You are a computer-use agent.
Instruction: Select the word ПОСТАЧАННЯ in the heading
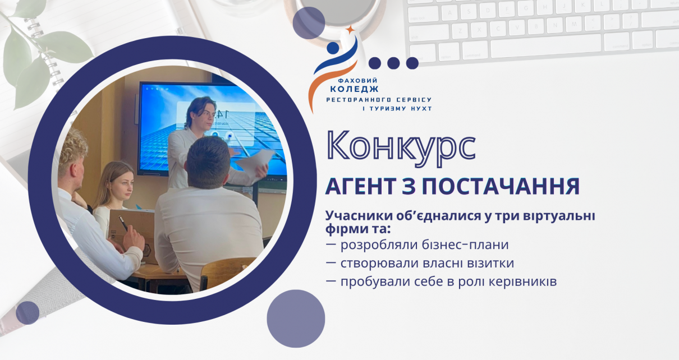click(501, 186)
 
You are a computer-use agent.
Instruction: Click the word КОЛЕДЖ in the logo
click(354, 89)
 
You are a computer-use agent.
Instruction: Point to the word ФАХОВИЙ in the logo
click(357, 81)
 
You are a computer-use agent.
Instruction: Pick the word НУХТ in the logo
click(421, 108)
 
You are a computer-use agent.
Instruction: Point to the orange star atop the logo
click(350, 30)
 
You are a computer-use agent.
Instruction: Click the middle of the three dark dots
click(393, 63)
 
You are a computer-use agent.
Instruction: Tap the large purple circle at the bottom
click(296, 319)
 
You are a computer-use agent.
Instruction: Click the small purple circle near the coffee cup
click(309, 23)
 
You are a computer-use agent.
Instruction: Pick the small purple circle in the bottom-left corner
click(27, 313)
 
